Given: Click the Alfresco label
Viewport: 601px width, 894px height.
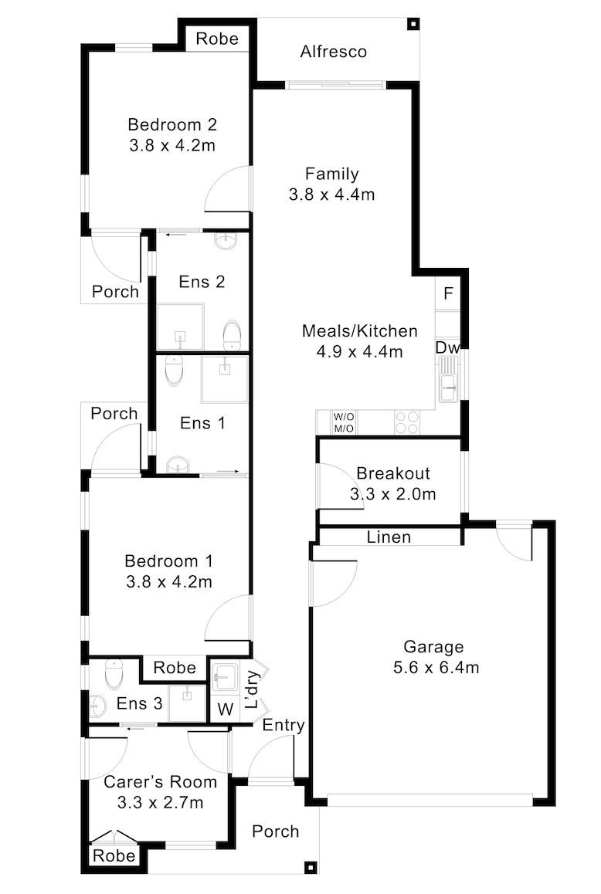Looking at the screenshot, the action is tap(333, 52).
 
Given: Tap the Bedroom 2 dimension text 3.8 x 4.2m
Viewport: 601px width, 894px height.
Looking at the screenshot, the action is tap(171, 145).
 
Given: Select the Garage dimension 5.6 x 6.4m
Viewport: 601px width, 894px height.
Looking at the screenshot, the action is tap(436, 667).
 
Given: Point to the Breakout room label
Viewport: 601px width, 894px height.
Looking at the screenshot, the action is tap(393, 473).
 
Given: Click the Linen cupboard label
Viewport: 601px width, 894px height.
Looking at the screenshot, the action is tap(389, 537).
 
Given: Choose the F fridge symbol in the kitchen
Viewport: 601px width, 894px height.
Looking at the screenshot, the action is tap(448, 293).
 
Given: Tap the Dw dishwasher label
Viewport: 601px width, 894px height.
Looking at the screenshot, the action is tap(448, 347).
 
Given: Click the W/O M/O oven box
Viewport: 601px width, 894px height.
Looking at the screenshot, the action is tap(344, 423).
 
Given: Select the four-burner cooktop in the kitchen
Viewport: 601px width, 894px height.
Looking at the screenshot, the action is tap(407, 422).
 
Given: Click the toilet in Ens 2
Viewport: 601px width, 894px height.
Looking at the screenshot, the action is tap(232, 335).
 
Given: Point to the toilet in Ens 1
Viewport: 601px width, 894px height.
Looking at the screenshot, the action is tap(174, 370).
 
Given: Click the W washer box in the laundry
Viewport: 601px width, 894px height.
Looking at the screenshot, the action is tap(226, 709).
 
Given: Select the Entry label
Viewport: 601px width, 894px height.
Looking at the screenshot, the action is tap(283, 725).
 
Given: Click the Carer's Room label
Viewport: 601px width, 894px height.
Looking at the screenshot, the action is tap(161, 782).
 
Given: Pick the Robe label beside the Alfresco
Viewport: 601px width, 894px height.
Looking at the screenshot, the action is tap(217, 39).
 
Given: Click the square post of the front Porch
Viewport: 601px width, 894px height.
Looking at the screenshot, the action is tap(311, 867).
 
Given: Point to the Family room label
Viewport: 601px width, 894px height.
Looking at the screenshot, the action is tap(332, 174).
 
